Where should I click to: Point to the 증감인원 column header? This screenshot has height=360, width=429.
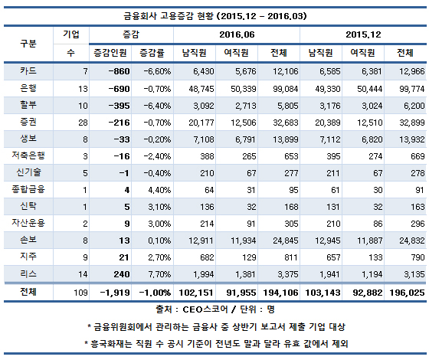click(110, 53)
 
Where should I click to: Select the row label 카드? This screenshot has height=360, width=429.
click(28, 70)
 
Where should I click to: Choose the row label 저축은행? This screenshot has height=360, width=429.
click(28, 155)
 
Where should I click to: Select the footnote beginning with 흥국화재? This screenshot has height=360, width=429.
click(214, 342)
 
